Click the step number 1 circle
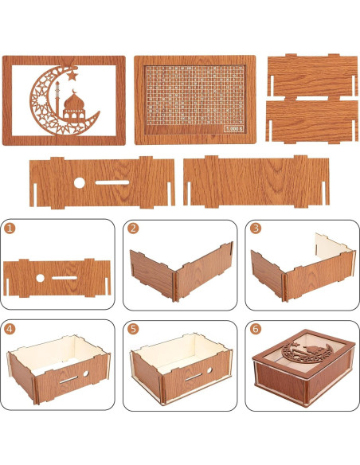coord(10,228)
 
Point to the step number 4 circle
coord(10,328)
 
